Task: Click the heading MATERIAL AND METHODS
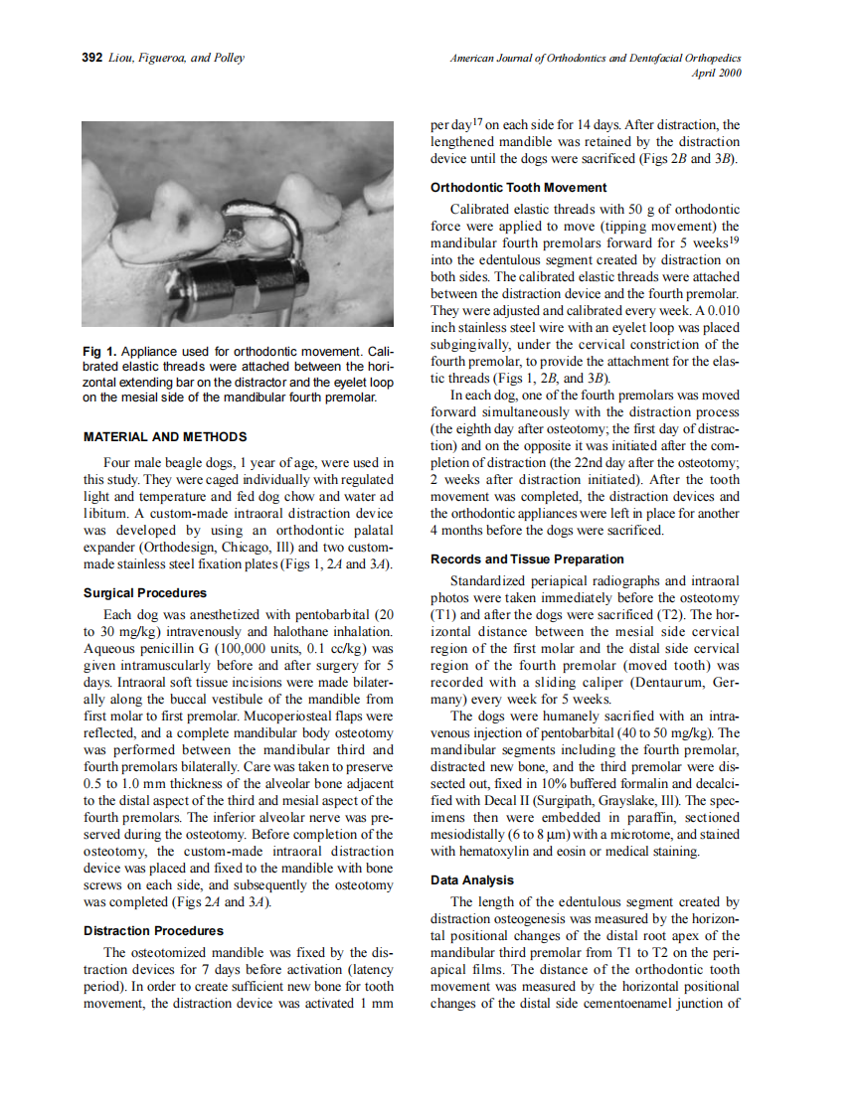(x=165, y=436)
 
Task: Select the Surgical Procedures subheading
(x=145, y=593)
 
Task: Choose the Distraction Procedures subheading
(x=153, y=931)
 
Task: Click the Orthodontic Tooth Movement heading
(x=518, y=187)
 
